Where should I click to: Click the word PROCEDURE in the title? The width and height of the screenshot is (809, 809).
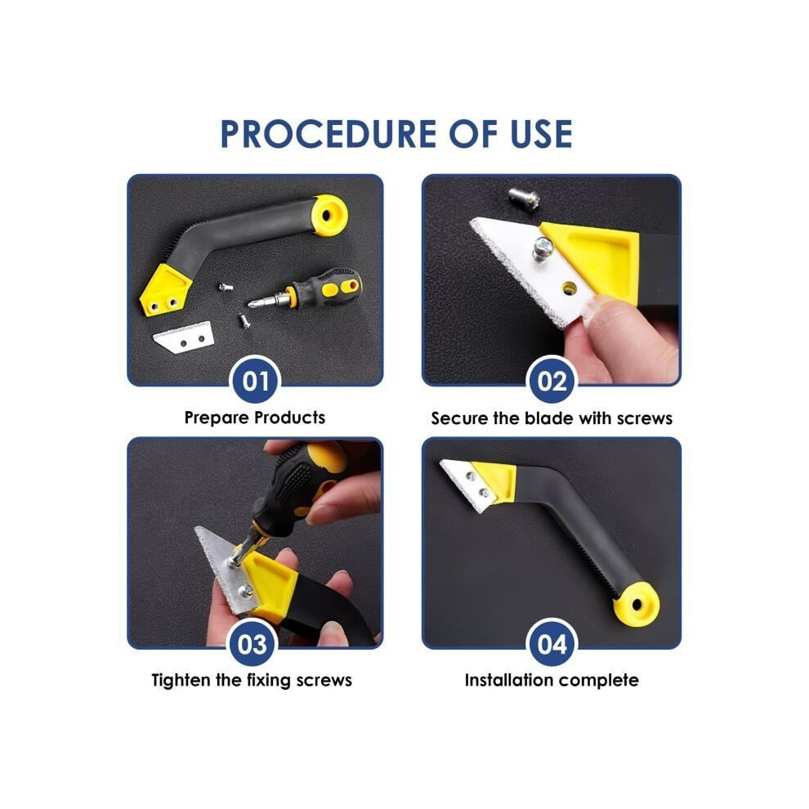pos(329,134)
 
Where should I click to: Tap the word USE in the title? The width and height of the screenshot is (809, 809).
pos(541,134)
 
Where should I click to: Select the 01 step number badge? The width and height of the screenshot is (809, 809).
pos(256,382)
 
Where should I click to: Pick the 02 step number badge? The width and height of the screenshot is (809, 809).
pos(552,382)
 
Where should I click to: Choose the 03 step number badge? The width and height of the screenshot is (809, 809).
pos(253,645)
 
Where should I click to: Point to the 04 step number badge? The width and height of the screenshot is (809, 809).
pos(552,645)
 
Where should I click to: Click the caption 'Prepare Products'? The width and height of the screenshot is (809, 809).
pos(255,418)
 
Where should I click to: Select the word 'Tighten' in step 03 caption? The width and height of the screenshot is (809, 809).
pos(181,681)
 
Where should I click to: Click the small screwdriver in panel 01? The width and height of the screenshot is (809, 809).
pos(306,290)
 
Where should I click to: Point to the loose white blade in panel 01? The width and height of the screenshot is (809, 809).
pos(184,337)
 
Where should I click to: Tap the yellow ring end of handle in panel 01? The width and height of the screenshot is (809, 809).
pos(329,215)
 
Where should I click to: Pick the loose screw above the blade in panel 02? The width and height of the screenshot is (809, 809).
pos(523,198)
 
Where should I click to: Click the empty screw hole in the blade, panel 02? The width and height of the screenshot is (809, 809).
pos(569,287)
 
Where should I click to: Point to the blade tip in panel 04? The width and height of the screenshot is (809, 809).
pos(440,462)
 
